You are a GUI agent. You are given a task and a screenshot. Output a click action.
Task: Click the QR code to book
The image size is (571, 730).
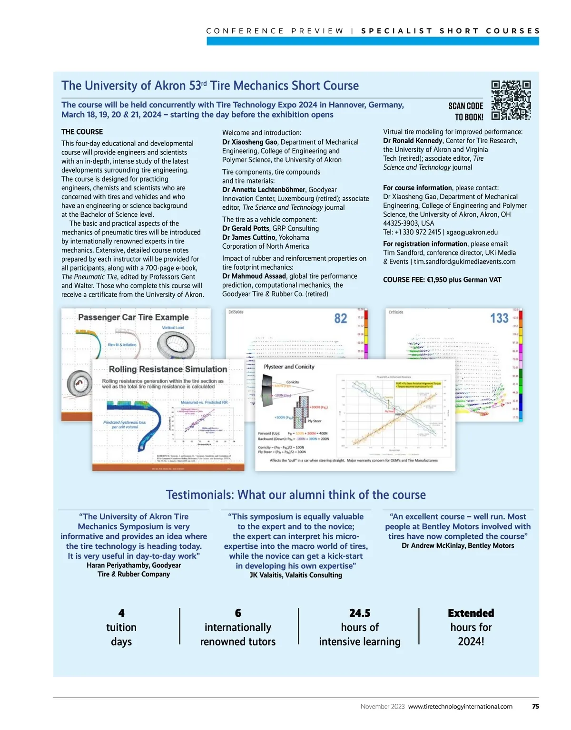511,100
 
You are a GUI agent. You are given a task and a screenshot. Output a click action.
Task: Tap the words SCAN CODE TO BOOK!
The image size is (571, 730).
465,111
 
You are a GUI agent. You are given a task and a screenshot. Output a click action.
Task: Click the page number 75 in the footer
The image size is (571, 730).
535,706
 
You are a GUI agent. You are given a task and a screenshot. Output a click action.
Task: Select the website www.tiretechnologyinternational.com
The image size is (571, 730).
460,706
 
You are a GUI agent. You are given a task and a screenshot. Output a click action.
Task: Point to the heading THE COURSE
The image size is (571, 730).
82,132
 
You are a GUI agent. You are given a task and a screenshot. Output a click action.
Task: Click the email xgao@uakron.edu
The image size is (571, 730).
472,232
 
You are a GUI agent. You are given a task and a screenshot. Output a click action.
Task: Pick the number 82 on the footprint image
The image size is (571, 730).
341,318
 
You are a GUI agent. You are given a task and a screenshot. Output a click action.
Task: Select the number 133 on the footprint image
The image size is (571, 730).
499,318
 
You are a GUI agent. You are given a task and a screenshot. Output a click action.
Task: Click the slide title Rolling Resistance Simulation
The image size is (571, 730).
167,369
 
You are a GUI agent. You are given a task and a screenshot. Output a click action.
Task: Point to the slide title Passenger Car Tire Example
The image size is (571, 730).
133,317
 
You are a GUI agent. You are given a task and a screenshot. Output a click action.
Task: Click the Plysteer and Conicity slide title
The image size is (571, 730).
289,367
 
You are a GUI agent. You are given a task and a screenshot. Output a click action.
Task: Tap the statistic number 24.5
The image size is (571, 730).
360,613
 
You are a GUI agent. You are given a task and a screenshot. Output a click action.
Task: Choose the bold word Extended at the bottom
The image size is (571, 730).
471,613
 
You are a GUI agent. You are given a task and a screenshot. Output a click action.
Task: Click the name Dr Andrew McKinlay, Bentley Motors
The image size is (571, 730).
458,545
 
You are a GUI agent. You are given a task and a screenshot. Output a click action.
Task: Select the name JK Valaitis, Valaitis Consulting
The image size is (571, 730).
295,575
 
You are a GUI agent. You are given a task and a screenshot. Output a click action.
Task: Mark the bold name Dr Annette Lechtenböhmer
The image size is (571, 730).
264,190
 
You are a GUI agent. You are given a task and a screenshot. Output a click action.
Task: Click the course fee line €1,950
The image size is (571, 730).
442,280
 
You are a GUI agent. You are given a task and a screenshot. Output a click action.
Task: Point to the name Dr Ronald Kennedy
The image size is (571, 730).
413,141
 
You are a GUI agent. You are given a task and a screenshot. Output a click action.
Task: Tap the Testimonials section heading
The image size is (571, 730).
295,495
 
